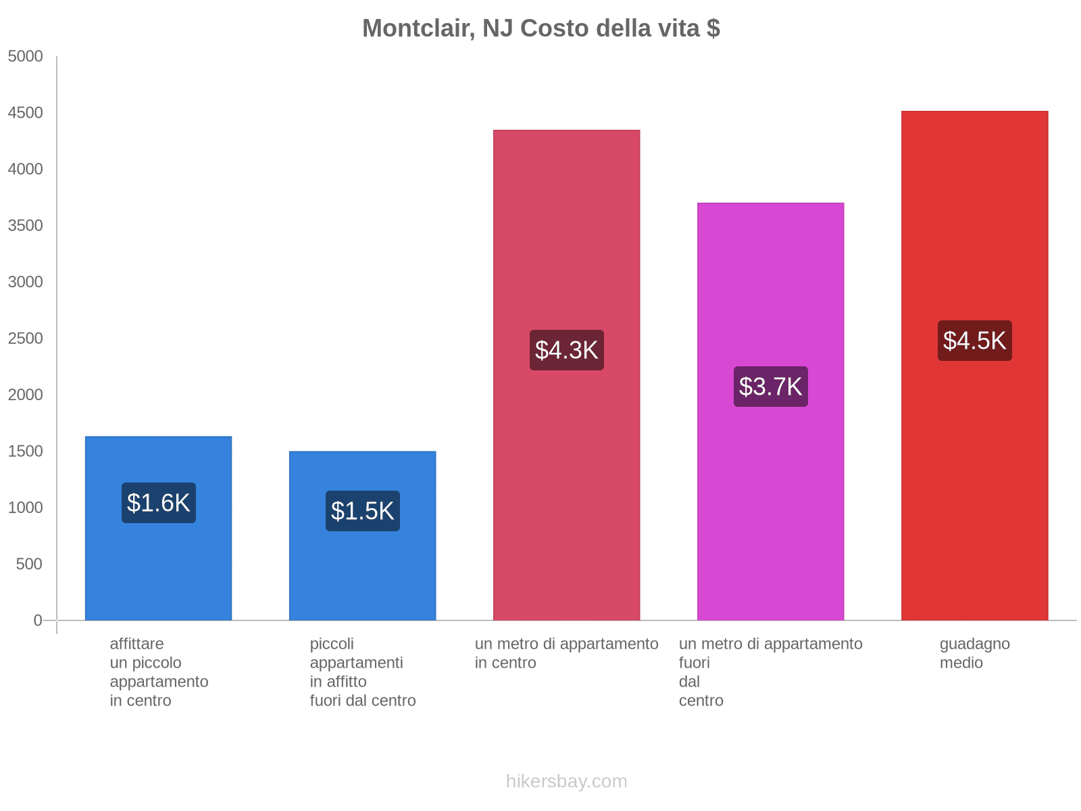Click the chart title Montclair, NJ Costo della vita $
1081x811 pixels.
(540, 28)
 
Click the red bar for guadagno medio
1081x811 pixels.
(974, 473)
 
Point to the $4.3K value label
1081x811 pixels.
(566, 350)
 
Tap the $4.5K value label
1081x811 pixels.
(974, 341)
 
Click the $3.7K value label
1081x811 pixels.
(770, 387)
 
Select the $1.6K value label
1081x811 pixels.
(158, 503)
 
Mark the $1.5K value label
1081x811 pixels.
(362, 511)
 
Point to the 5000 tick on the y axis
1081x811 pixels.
(26, 57)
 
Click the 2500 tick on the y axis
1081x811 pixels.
(26, 339)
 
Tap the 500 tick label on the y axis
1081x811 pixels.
(30, 564)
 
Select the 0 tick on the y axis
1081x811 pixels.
(38, 620)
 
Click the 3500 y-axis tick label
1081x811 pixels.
(26, 226)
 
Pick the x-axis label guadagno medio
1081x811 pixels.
(974, 653)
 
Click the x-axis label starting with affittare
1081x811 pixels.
(159, 672)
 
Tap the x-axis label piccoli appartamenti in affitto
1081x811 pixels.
(362, 672)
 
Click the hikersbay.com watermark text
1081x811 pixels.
(566, 781)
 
